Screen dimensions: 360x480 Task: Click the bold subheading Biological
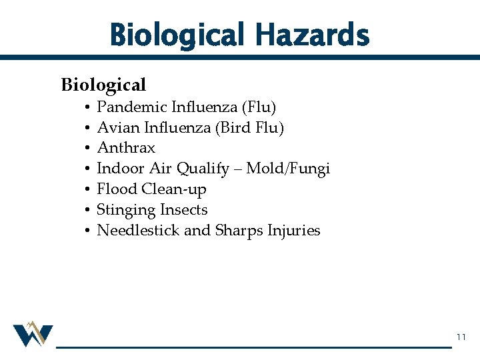pos(103,85)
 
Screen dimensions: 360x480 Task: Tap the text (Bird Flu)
pos(249,127)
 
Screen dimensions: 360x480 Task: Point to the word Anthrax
pos(126,148)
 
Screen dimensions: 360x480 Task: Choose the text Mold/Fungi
pos(288,169)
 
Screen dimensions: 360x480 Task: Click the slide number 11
pos(461,338)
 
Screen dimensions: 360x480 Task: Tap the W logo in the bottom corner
pos(33,334)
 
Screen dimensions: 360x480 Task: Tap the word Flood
pos(117,189)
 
